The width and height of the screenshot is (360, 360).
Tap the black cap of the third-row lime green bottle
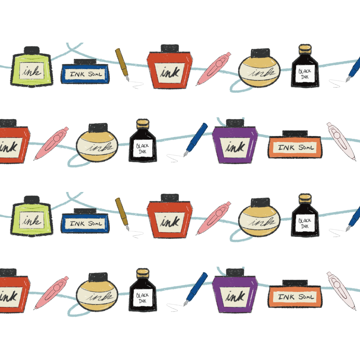pos(32,200)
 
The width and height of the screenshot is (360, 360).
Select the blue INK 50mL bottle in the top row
pos(85,71)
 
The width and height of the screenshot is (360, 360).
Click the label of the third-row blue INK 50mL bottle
pos(85,223)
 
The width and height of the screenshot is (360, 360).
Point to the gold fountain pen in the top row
pos(122,65)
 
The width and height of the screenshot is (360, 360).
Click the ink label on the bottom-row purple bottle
pos(235,296)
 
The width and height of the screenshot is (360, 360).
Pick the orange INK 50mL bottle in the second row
pos(295,145)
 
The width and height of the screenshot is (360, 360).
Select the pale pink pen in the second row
pos(341,141)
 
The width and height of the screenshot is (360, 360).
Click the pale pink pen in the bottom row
pos(341,291)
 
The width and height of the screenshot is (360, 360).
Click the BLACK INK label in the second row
pos(143,149)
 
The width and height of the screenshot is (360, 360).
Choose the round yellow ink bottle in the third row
pos(259,218)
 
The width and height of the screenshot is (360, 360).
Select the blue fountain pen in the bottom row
pos(196,289)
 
